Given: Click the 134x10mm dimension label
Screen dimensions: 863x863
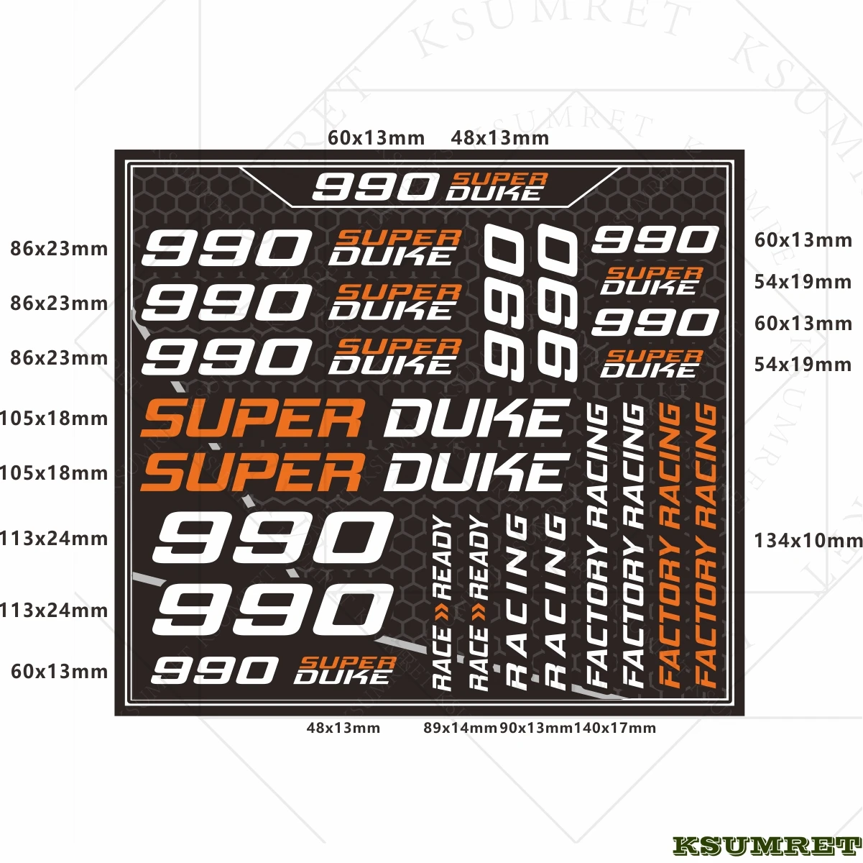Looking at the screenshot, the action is click(808, 540).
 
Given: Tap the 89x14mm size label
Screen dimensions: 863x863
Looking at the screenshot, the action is click(460, 728).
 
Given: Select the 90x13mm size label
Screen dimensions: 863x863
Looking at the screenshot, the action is click(536, 728).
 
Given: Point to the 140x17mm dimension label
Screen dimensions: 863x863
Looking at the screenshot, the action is click(615, 728).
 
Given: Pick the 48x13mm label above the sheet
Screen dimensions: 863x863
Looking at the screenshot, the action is click(500, 137).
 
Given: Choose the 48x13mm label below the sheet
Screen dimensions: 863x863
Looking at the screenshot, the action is click(343, 728).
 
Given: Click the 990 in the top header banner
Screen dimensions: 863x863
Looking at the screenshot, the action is click(374, 188).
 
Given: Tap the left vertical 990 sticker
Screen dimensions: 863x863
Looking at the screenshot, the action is click(505, 301).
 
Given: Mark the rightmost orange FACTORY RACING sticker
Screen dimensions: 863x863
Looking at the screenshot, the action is click(707, 544).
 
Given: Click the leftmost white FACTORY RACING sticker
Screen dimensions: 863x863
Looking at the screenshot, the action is click(598, 544).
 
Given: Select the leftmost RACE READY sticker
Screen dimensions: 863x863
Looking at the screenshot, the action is click(443, 604).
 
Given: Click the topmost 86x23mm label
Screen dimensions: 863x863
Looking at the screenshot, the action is click(59, 250).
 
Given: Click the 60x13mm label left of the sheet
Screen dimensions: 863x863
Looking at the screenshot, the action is click(59, 672).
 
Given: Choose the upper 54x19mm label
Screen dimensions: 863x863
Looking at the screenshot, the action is click(803, 282).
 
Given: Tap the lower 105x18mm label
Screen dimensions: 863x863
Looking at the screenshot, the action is click(54, 473).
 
